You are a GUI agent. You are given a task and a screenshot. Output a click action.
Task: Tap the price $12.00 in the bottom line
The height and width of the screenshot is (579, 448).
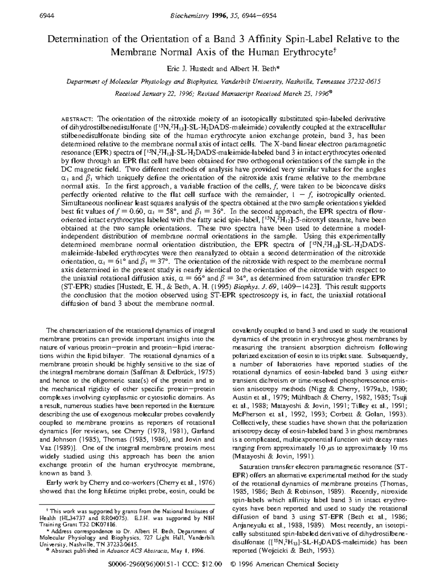point(212,564)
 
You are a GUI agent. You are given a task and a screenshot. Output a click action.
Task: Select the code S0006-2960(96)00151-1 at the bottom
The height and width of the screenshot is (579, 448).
point(139,564)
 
